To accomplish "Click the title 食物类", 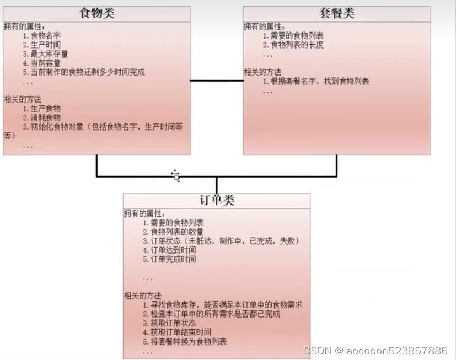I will tap(96, 13).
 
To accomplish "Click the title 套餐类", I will tap(336, 13).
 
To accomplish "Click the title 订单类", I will tap(216, 200).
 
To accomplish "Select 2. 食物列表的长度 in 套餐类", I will tap(293, 45).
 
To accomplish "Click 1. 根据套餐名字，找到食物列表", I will tap(316, 82).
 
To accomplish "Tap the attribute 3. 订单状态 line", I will tap(221, 241).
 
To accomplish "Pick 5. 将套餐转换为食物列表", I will tap(184, 341).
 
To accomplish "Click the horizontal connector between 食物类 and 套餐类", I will tap(217, 81).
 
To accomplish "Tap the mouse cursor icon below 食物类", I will tap(175, 175).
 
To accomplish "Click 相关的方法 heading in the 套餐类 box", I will tap(262, 72).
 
